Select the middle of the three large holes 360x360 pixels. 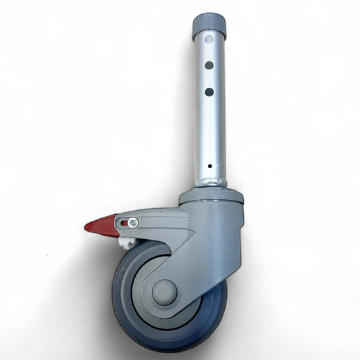point(209,66)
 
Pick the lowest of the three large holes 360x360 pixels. point(209,91)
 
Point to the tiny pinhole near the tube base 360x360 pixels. point(209,165)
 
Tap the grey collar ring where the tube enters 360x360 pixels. point(211,197)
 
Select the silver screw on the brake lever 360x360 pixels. point(134,223)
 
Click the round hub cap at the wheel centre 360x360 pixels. point(164,292)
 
